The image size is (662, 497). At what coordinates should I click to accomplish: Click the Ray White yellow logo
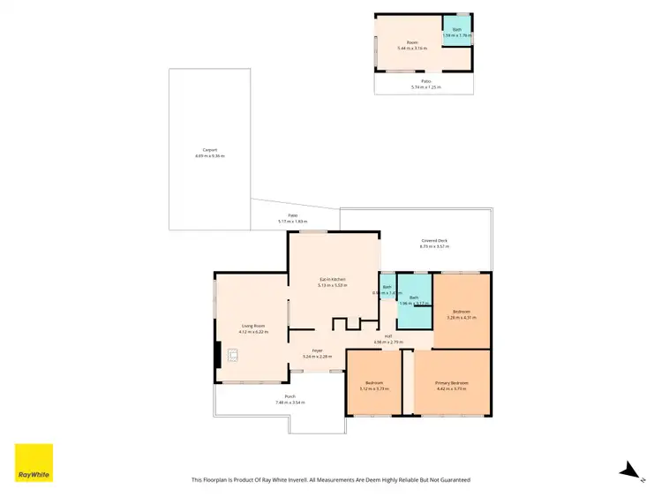(x=34, y=463)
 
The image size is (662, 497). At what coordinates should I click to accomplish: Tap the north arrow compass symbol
(x=628, y=471)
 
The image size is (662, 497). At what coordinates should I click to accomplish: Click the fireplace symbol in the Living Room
(x=233, y=355)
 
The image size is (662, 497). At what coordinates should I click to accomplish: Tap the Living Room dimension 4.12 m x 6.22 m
(x=252, y=331)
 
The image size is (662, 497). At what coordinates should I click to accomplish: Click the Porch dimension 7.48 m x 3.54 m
(x=290, y=402)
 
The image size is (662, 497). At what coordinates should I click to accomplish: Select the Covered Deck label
(x=433, y=240)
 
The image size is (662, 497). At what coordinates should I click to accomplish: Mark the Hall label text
(x=387, y=335)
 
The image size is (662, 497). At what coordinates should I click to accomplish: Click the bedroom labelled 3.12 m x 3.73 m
(x=374, y=385)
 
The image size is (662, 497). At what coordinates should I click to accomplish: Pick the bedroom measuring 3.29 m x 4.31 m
(x=462, y=313)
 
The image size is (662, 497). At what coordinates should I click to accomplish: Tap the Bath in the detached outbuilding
(x=456, y=32)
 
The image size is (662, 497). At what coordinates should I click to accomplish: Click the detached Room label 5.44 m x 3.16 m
(x=411, y=45)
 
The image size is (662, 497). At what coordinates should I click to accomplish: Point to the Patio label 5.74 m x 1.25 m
(x=425, y=85)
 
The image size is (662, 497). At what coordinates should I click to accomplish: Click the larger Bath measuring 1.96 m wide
(x=413, y=300)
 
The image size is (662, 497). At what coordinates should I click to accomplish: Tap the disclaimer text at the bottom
(x=330, y=479)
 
